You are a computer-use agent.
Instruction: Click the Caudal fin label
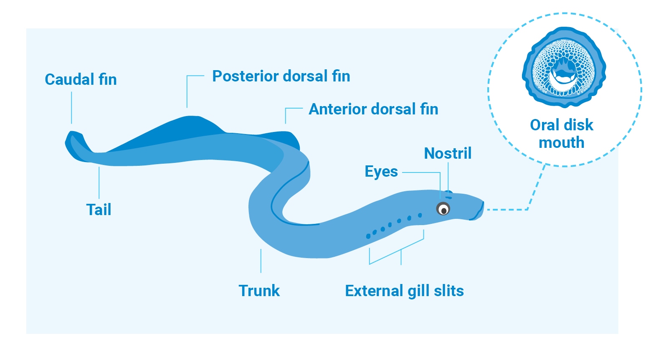(x=81, y=79)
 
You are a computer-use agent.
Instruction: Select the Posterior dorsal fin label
(x=281, y=76)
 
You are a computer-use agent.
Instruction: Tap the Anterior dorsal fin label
(x=373, y=109)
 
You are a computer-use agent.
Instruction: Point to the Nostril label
(x=448, y=153)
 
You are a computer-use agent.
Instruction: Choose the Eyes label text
(x=381, y=171)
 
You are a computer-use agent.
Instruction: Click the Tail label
(x=99, y=209)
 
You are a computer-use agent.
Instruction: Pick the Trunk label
(x=259, y=290)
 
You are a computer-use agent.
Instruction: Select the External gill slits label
(x=404, y=290)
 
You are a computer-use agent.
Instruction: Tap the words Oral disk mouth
(x=561, y=134)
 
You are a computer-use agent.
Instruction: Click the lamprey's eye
(x=443, y=208)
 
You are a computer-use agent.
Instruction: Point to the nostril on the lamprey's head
(x=449, y=193)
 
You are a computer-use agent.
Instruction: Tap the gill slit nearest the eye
(x=420, y=215)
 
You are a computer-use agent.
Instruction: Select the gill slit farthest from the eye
(x=368, y=236)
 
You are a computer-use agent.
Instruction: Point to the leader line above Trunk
(x=261, y=261)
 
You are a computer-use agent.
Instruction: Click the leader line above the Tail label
(x=99, y=183)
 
